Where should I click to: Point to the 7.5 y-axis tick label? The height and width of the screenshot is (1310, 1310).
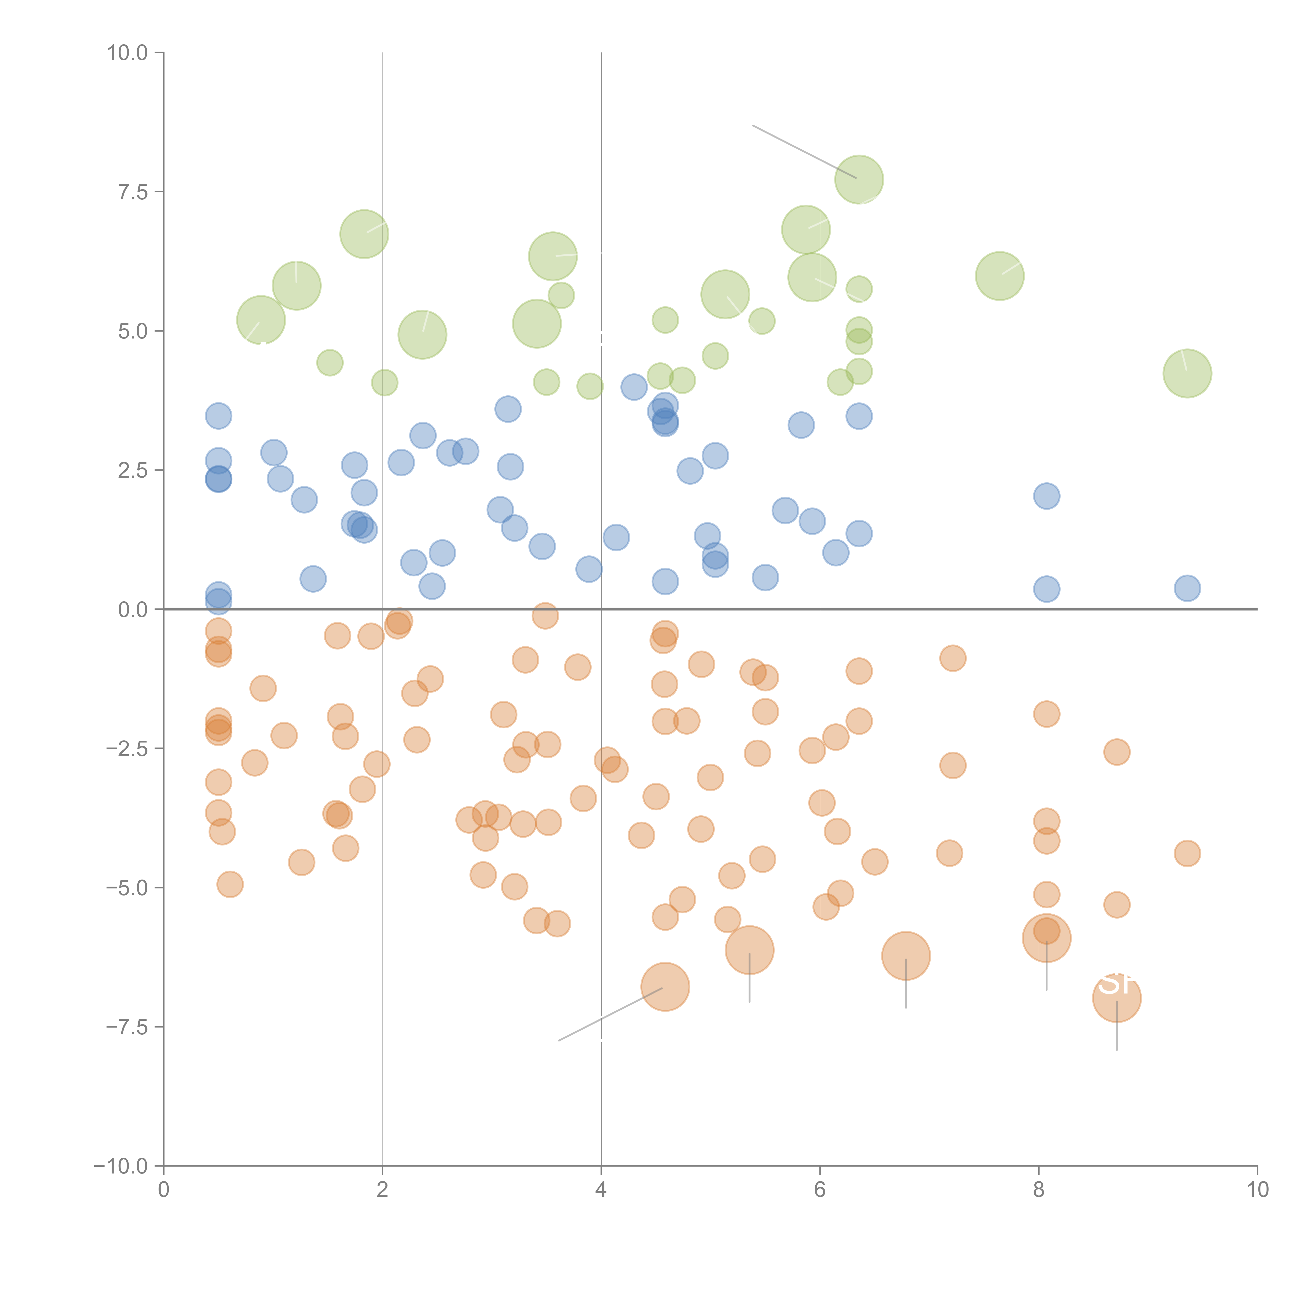tap(133, 192)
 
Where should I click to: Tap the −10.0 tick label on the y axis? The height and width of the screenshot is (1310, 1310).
tap(121, 1166)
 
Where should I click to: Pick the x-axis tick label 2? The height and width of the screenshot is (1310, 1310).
tap(383, 1190)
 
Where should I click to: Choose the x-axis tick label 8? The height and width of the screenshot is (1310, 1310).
tap(1039, 1190)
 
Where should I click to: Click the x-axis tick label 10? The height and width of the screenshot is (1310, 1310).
tap(1257, 1190)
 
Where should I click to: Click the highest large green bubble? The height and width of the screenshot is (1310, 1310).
tap(859, 180)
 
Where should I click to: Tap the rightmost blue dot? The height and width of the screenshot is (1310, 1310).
tap(1187, 588)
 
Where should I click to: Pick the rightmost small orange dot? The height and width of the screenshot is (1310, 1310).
tap(1187, 853)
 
